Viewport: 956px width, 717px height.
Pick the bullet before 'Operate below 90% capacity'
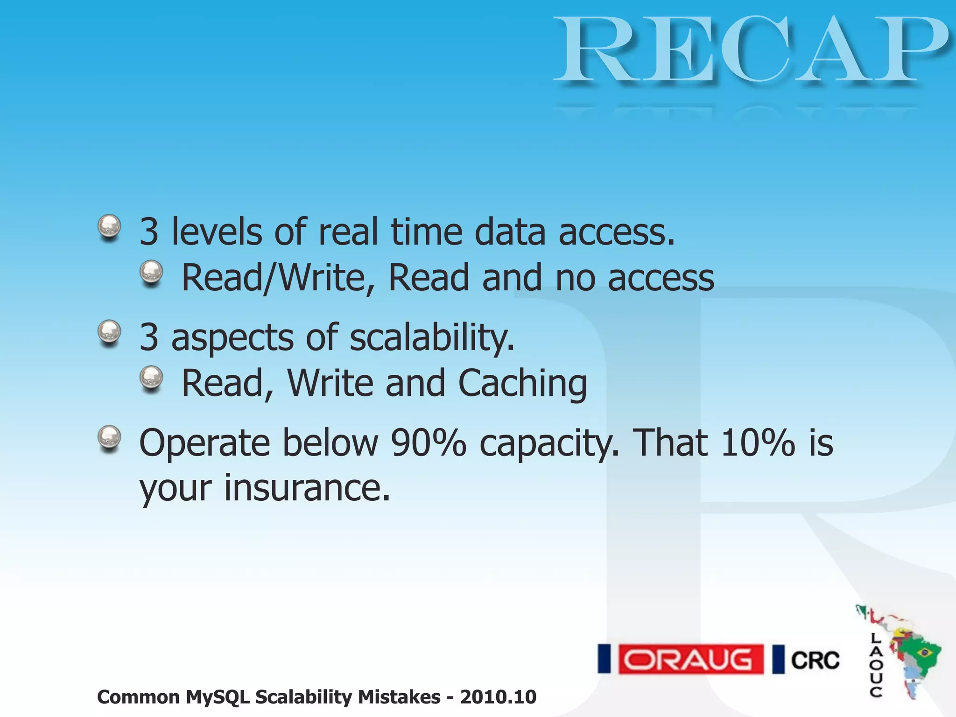click(110, 437)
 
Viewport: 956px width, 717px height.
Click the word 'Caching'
click(522, 384)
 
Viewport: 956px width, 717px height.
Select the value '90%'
click(428, 443)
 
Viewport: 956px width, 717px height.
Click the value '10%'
click(758, 443)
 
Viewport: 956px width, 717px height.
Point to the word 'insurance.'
click(307, 488)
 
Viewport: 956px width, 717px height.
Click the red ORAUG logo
click(690, 659)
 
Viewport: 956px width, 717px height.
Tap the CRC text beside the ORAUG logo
click(815, 660)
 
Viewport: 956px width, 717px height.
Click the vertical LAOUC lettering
click(876, 665)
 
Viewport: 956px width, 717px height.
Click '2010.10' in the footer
click(498, 697)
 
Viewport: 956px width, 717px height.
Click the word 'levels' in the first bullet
click(217, 232)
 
